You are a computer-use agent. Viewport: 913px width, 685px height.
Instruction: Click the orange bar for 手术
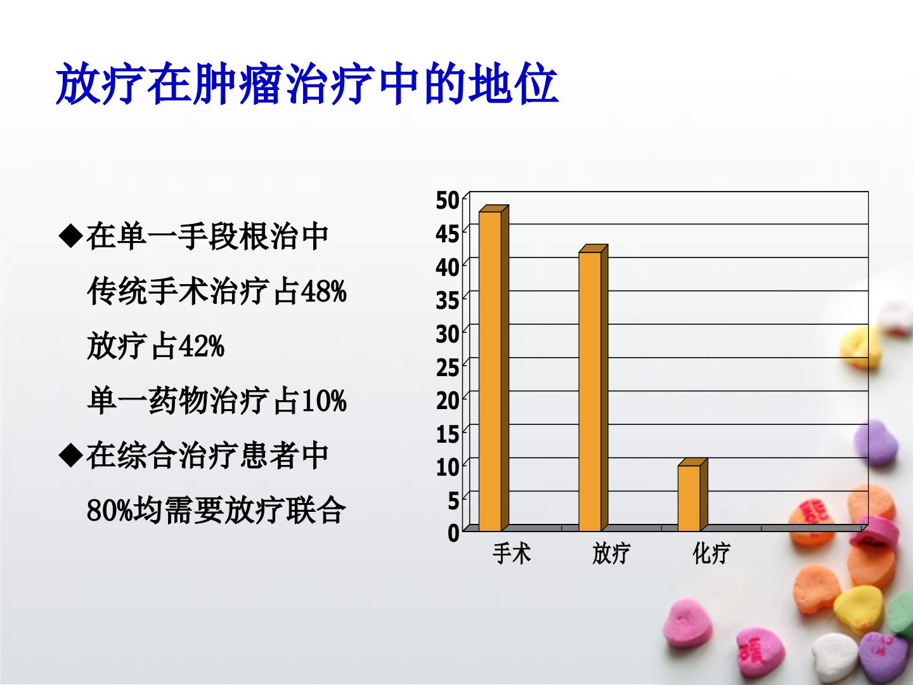pos(494,368)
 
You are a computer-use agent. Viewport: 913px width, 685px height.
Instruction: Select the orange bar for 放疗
pos(593,388)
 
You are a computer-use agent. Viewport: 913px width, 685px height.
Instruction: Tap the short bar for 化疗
pos(692,495)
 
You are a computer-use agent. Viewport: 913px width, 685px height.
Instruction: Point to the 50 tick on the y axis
pos(448,200)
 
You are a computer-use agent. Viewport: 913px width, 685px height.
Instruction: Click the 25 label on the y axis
pos(448,368)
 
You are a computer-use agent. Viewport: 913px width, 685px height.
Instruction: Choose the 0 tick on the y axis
pos(453,533)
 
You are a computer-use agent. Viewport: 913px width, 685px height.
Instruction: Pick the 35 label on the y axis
pos(448,301)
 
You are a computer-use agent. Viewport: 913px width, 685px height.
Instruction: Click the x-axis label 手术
pos(512,554)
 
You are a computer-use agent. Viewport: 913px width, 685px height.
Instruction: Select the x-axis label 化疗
pos(711,554)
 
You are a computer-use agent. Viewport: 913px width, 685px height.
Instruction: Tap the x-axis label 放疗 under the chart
pos(611,554)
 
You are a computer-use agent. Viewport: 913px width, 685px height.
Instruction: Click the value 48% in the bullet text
pos(323,292)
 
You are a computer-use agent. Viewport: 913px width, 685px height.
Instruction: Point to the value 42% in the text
pos(202,346)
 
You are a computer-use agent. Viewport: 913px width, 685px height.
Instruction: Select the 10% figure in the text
pos(323,401)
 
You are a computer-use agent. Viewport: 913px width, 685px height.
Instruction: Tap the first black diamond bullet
pos(71,237)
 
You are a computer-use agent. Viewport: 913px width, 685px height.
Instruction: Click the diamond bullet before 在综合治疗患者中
pos(71,456)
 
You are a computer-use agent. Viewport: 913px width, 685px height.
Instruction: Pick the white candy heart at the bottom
pos(834,658)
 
